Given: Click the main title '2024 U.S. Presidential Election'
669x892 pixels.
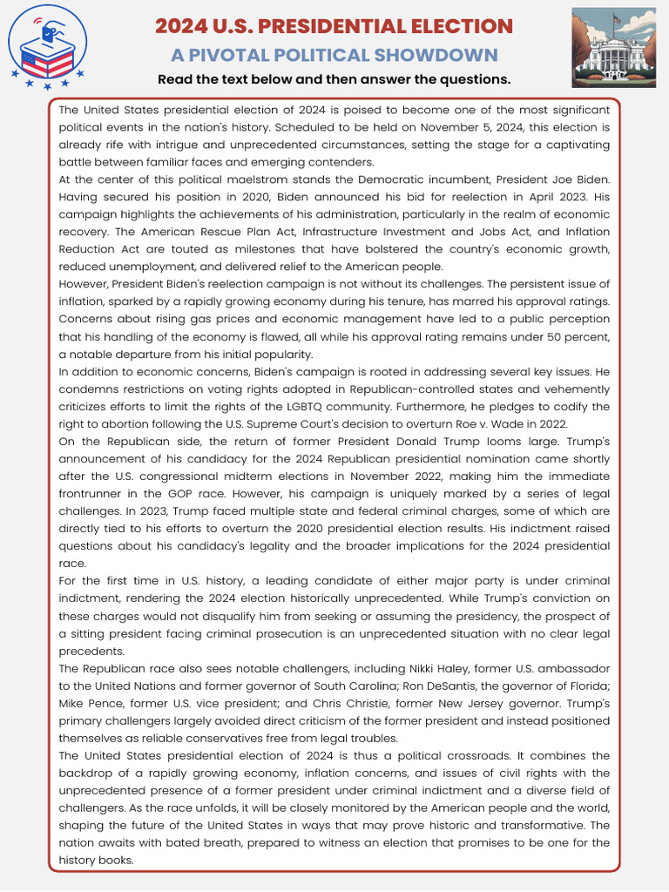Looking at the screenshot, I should click(334, 26).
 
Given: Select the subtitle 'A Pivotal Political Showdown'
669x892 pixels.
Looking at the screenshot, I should click(334, 55).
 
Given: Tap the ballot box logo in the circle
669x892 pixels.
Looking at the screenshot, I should click(47, 47).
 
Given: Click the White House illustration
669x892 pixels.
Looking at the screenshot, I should click(613, 47).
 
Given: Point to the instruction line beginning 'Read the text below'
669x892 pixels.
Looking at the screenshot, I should click(334, 80).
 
